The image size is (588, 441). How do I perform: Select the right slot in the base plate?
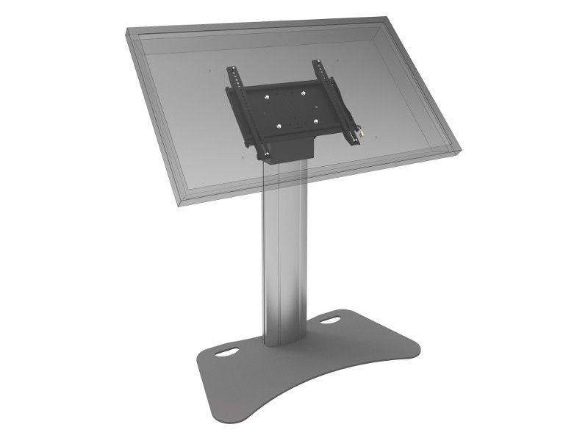(331, 321)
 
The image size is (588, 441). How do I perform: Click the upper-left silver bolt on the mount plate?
(268, 95)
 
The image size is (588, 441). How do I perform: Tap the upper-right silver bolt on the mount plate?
(303, 93)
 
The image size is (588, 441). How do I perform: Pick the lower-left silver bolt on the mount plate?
(280, 125)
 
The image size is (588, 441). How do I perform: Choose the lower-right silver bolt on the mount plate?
(315, 121)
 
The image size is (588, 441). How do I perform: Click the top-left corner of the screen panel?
(126, 31)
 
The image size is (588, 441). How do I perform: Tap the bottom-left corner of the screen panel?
(180, 203)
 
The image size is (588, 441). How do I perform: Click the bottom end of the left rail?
(261, 157)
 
